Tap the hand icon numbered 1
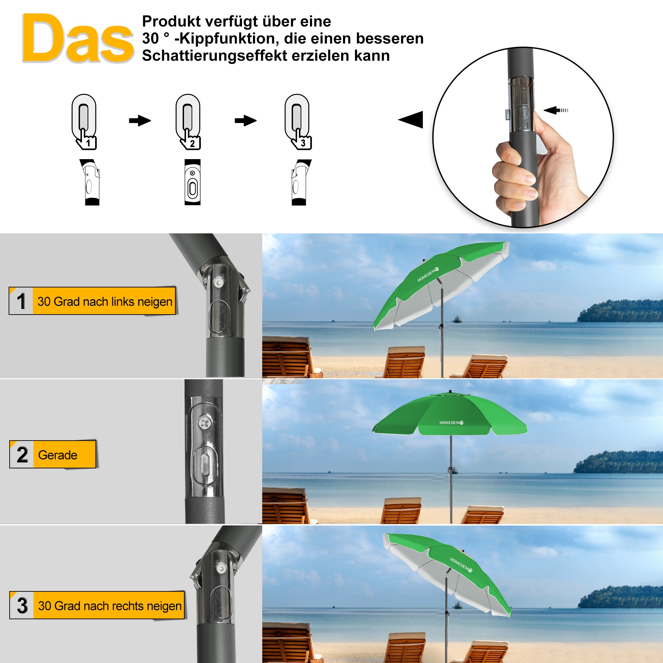86,139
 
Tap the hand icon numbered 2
190,139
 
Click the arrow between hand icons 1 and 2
140,120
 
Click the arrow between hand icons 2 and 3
245,120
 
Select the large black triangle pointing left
412,119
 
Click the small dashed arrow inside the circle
556,110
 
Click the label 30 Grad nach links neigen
105,301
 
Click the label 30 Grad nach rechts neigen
109,606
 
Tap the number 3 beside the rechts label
22,606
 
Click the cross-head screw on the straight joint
205,423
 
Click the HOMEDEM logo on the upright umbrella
451,423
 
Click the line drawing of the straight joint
193,182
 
